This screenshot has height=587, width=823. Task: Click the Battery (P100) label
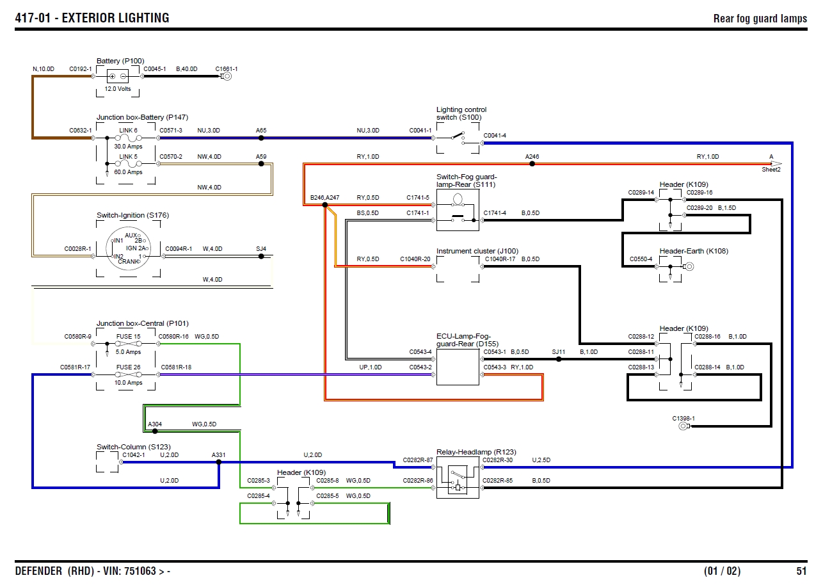pos(120,61)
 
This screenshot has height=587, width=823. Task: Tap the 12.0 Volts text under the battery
pos(118,89)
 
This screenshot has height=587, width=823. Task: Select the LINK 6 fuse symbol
pos(128,138)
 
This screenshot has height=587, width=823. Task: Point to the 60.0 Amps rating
pos(128,172)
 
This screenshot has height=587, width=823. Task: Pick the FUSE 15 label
pos(128,336)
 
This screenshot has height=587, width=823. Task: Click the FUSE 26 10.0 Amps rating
pos(128,383)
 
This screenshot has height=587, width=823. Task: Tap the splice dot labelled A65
pos(261,138)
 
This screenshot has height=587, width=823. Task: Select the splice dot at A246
pos(532,164)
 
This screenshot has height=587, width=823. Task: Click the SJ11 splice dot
pos(559,359)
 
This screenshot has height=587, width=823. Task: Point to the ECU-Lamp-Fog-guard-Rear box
pos(458,367)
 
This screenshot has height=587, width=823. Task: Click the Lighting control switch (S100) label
pos(461,113)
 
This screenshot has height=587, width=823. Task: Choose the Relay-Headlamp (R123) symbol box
pos(458,482)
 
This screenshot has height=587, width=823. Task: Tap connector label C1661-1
pos(227,68)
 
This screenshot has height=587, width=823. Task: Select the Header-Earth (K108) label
pos(694,251)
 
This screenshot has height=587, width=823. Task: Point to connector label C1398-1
pos(683,418)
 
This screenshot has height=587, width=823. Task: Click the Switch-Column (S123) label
pos(133,447)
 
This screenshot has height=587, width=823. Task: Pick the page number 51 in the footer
pos(801,571)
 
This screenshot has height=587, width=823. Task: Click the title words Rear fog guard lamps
pos(760,19)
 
